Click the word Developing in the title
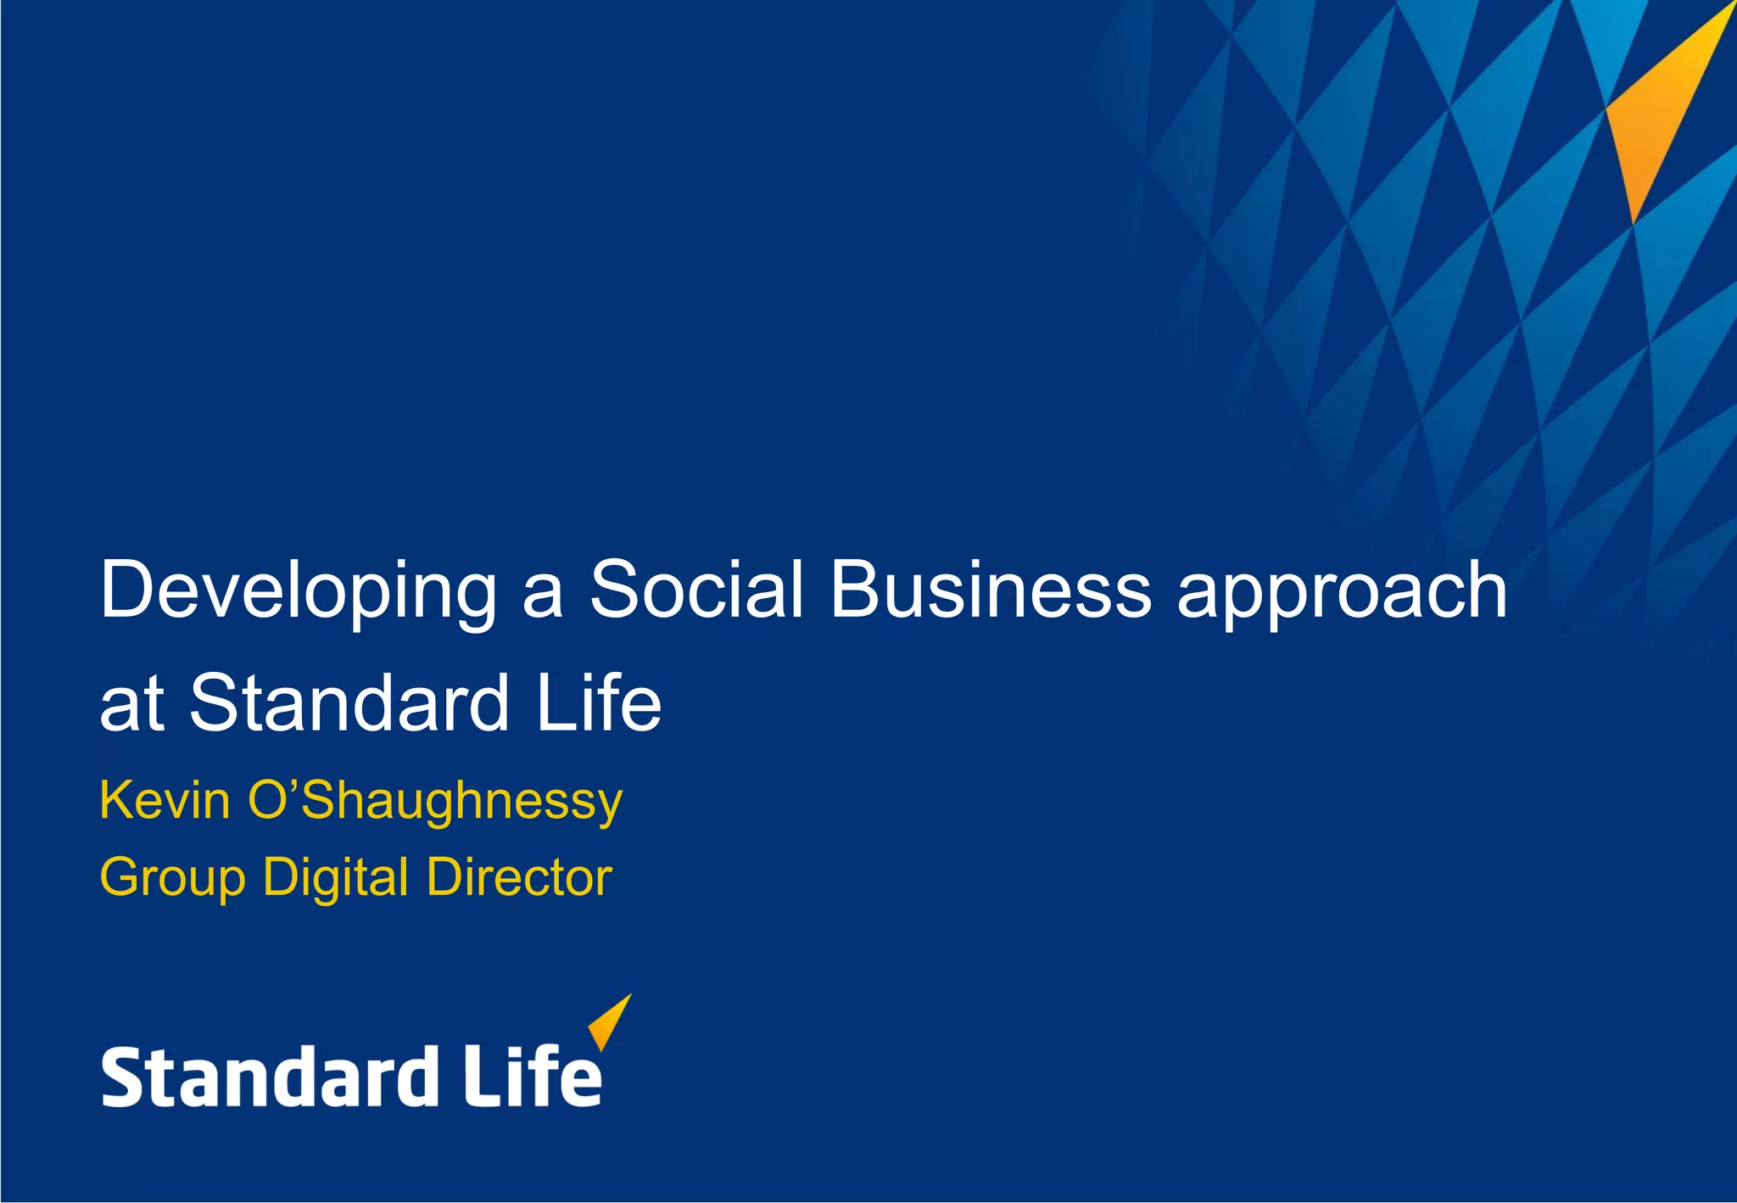(x=298, y=591)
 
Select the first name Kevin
(x=165, y=800)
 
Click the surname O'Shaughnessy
(x=435, y=802)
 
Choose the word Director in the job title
(x=519, y=877)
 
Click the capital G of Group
(x=120, y=876)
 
